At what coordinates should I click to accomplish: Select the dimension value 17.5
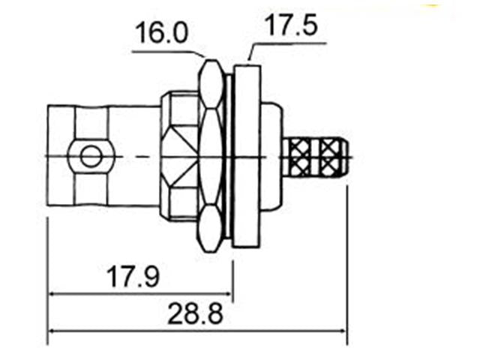(289, 26)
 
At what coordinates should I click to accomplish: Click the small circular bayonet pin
(91, 157)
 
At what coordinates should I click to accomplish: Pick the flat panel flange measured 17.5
(247, 156)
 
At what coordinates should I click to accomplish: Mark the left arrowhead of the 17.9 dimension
(52, 294)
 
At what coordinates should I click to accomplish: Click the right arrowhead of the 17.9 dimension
(228, 294)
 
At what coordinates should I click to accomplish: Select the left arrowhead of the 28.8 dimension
(52, 331)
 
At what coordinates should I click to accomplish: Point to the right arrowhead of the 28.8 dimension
(343, 331)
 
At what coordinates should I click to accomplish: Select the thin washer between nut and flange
(229, 156)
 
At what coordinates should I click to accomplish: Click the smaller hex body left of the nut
(180, 156)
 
